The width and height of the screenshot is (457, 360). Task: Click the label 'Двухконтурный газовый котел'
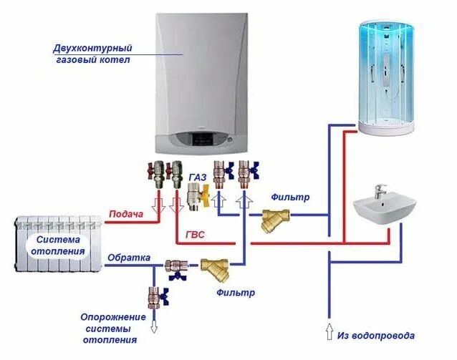(92, 54)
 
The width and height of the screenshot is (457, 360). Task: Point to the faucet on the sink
(380, 192)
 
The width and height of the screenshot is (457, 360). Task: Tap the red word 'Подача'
(126, 214)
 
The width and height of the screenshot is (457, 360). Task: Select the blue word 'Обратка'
(129, 256)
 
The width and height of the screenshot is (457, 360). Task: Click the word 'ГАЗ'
(198, 176)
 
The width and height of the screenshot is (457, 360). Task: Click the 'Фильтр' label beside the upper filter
(290, 196)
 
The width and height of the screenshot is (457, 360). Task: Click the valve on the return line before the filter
(175, 266)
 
